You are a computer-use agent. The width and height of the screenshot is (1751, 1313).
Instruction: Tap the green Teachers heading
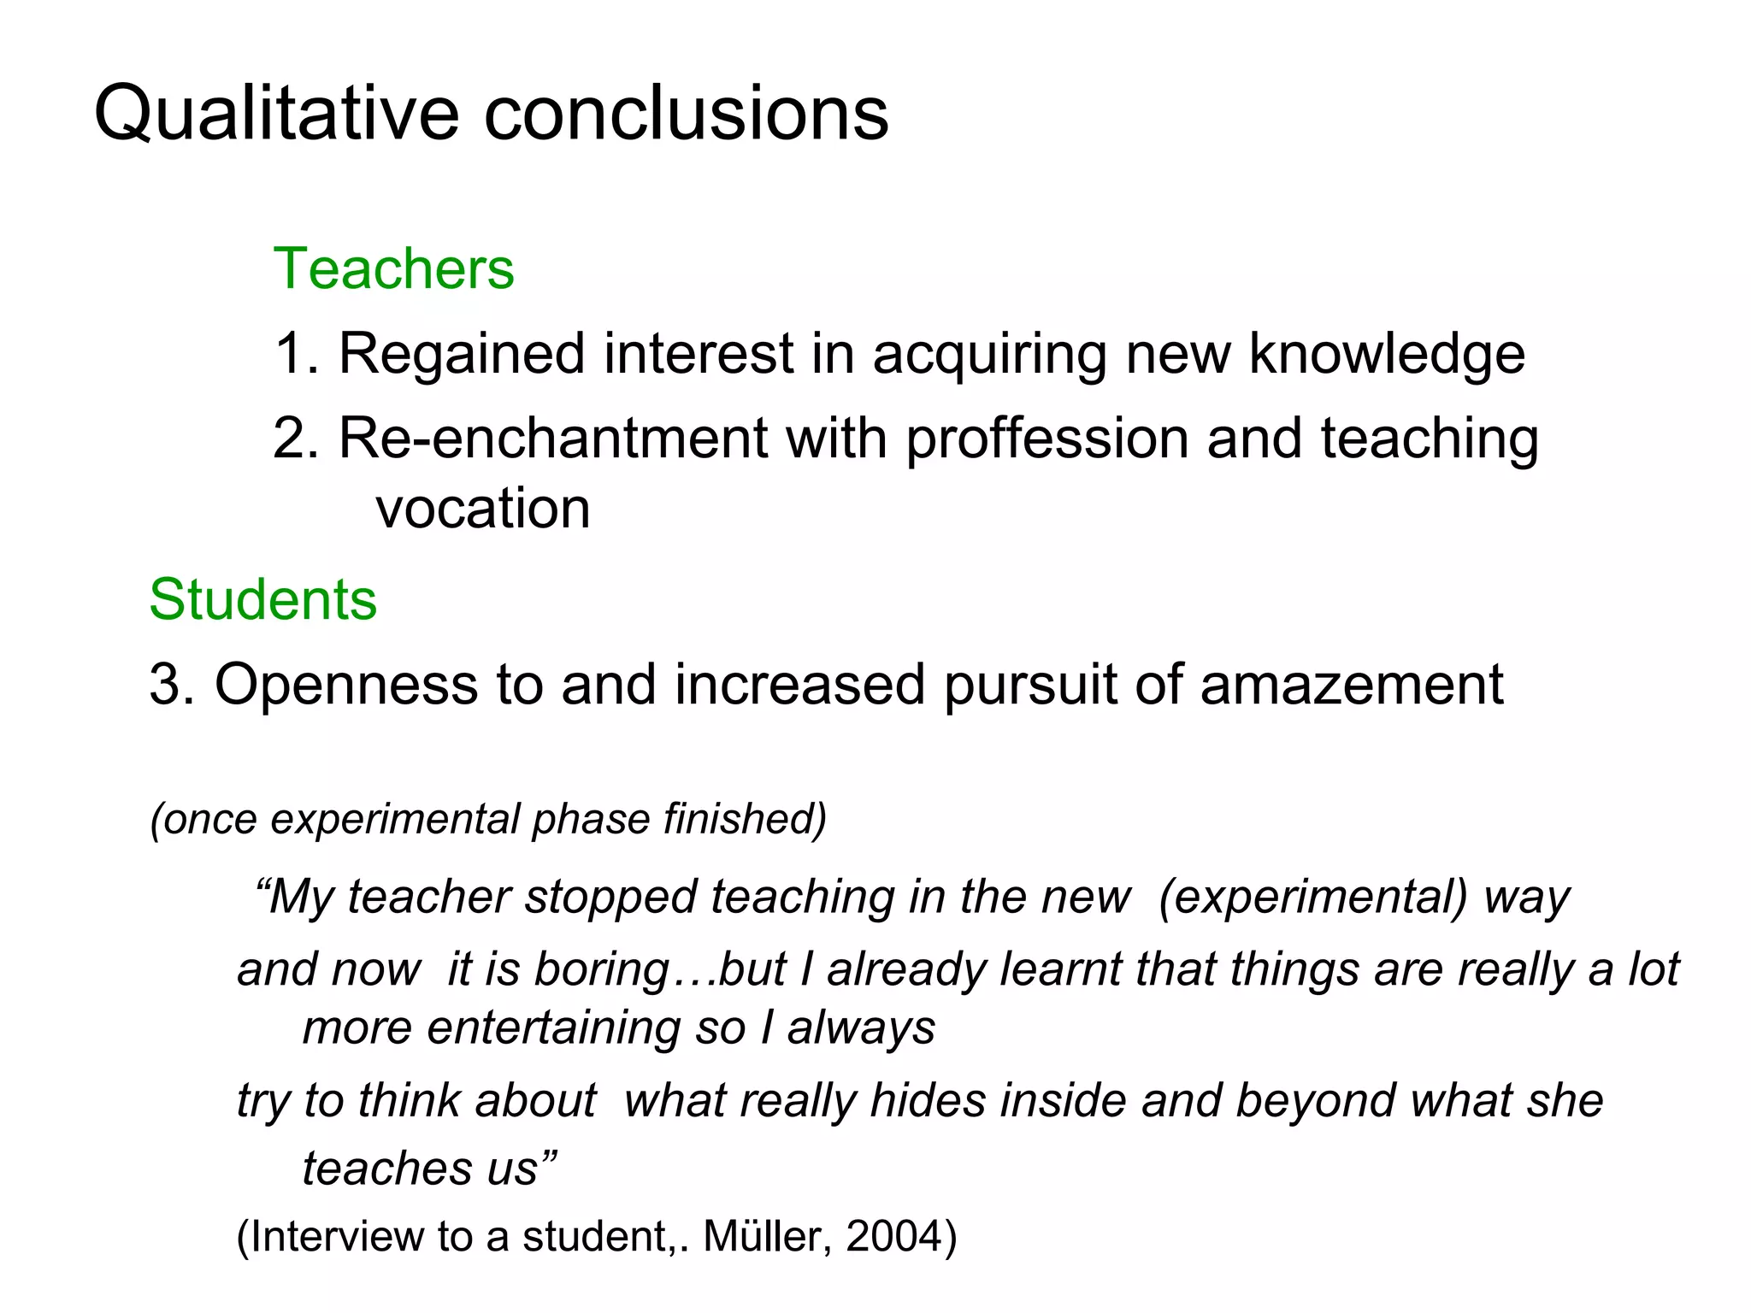pos(393,268)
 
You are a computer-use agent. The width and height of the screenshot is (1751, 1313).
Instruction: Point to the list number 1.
pos(294,353)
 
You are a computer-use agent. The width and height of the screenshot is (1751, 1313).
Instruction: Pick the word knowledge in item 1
pos(1387,353)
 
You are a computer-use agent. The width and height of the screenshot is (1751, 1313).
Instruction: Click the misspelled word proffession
pos(1046,439)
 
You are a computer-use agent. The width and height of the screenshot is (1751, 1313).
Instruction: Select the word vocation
pos(483,509)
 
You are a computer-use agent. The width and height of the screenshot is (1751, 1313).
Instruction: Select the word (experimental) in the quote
pos(1312,898)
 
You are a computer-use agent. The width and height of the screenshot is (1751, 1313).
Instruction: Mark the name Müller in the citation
pos(765,1236)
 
